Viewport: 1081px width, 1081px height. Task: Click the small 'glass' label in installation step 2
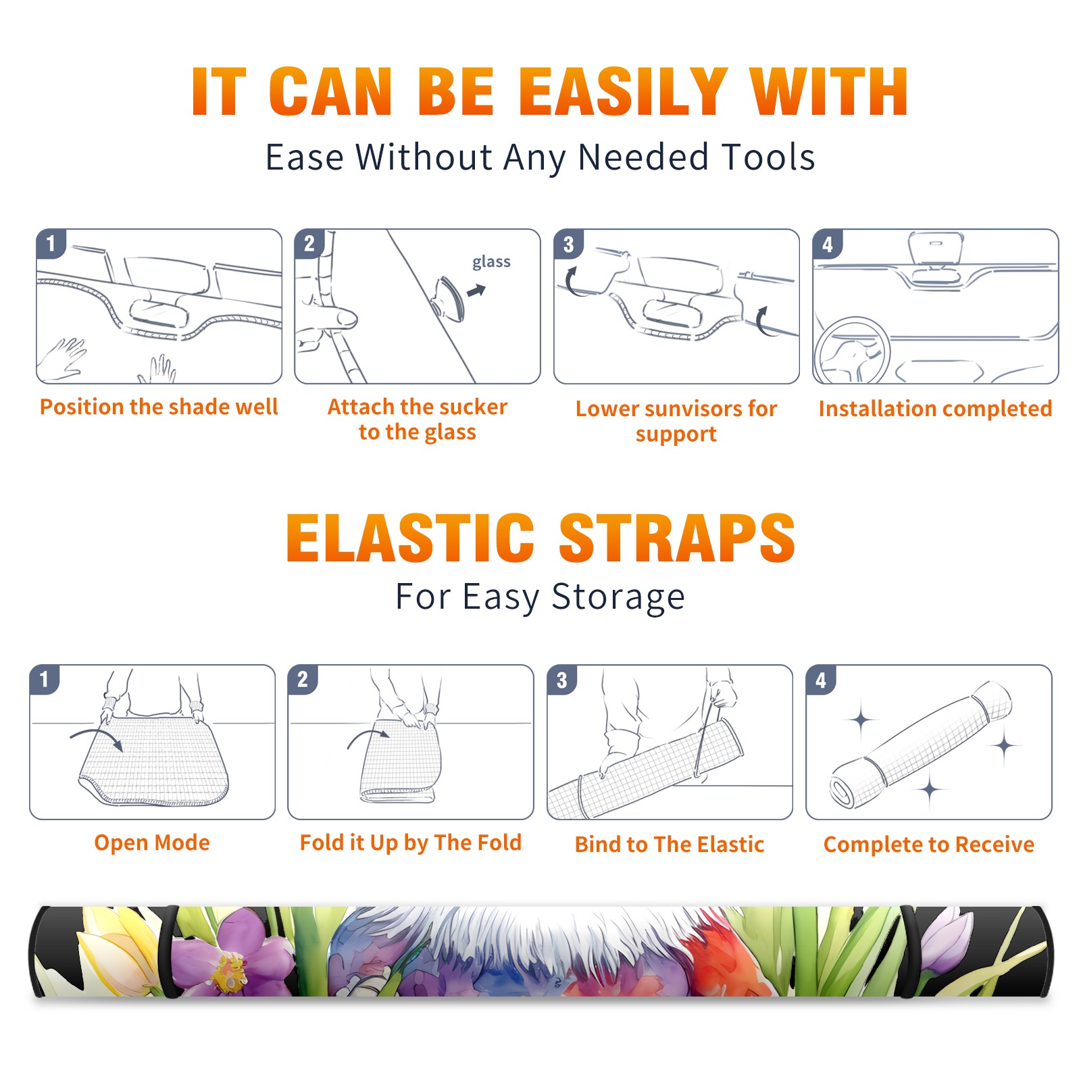(491, 262)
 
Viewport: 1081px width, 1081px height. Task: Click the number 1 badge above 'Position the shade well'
(51, 243)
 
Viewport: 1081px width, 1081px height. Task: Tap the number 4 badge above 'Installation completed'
(828, 243)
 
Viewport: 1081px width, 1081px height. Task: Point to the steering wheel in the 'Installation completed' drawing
(851, 350)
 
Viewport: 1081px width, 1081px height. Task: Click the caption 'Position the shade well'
(159, 407)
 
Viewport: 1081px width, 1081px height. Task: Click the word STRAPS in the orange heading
(677, 538)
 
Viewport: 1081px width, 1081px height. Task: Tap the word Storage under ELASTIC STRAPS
(618, 598)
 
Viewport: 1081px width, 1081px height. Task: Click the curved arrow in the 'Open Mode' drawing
(97, 738)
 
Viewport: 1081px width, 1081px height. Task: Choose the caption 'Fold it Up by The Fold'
(411, 843)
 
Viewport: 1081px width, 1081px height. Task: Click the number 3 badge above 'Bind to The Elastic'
(561, 679)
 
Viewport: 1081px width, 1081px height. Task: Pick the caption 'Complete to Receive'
(929, 845)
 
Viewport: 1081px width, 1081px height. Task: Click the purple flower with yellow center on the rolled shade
(228, 954)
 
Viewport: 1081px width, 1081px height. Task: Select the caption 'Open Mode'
(152, 843)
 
